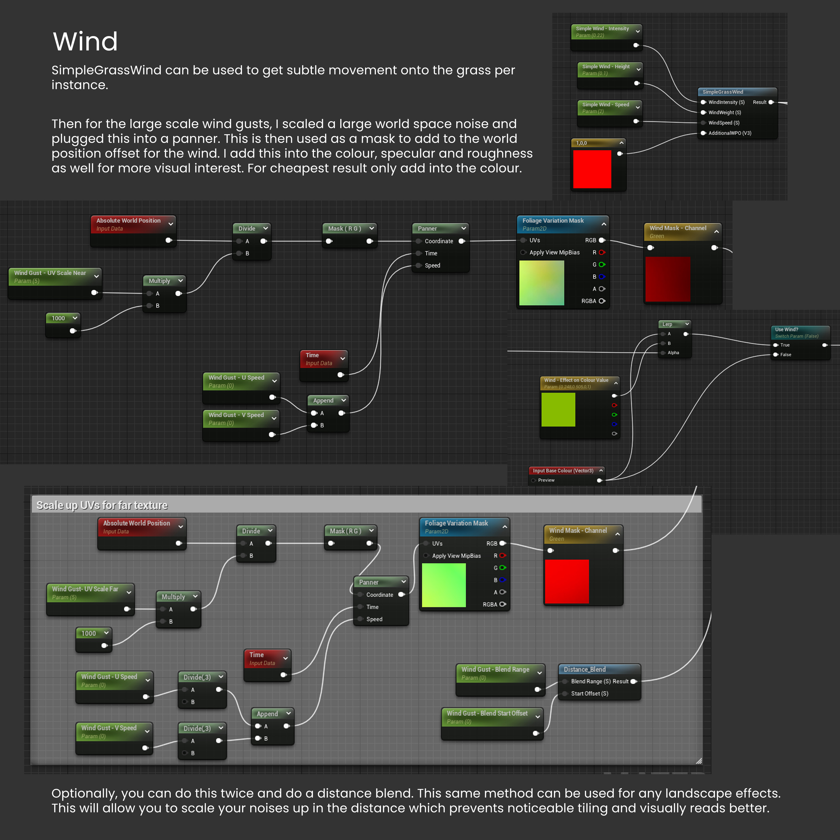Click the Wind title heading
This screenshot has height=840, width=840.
(x=85, y=42)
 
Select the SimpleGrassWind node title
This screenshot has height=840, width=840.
(x=723, y=92)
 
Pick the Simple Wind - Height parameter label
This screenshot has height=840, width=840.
(x=606, y=66)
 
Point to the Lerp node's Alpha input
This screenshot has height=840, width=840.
(x=673, y=353)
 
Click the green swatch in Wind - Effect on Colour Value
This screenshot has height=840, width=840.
(x=558, y=409)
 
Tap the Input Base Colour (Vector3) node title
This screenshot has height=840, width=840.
(x=563, y=471)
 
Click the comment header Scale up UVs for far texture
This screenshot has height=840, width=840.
(x=102, y=505)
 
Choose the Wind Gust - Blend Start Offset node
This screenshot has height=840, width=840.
(x=487, y=714)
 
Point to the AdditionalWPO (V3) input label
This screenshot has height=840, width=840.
(x=730, y=133)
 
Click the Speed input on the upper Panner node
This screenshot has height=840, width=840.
(x=432, y=265)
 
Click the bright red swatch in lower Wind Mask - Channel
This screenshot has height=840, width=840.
(x=567, y=581)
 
